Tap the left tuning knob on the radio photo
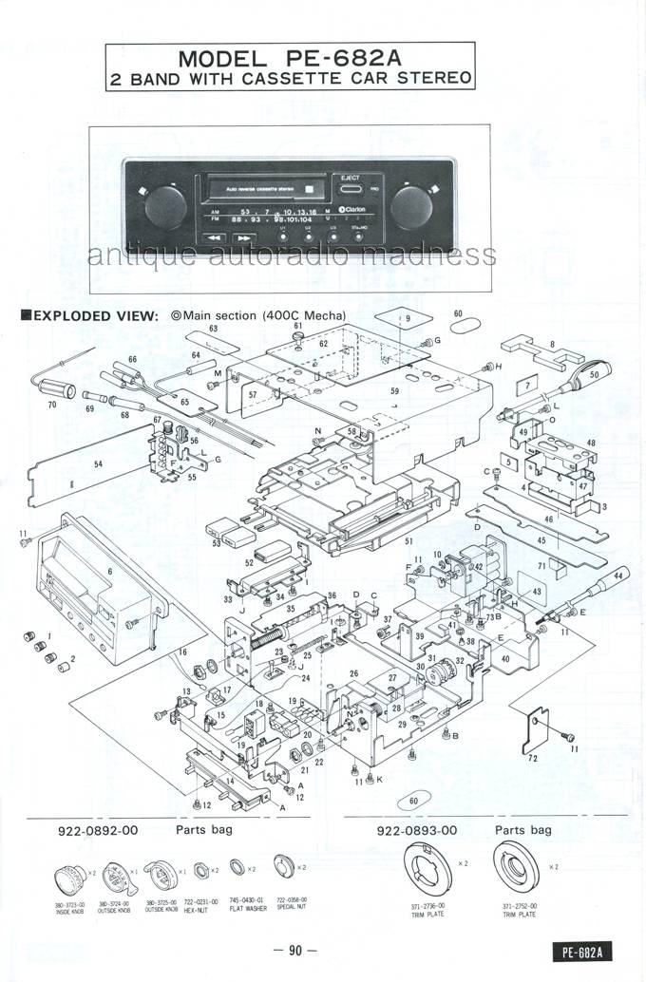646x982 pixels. [164, 205]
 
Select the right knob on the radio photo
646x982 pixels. [413, 205]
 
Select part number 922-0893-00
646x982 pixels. [417, 829]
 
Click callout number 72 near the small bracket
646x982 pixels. [531, 759]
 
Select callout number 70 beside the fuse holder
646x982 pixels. [52, 403]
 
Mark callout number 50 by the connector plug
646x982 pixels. [594, 376]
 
